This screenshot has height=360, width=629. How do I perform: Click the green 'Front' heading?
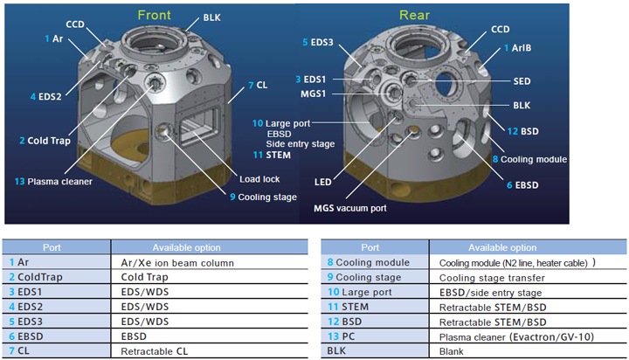pos(154,15)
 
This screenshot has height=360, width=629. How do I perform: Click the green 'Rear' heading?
pos(414,15)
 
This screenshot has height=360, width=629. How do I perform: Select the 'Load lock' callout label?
pos(259,179)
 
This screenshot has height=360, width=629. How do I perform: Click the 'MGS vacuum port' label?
pos(350,208)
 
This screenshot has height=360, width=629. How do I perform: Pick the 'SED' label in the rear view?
pos(522,81)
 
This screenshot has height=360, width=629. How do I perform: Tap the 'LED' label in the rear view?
pos(323,183)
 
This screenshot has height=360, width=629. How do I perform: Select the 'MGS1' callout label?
pos(314,93)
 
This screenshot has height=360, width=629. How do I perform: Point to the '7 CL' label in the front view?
pos(258,85)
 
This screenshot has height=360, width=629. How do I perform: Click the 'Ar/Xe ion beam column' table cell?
pos(177,263)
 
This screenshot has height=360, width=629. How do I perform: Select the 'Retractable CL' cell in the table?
pos(154,351)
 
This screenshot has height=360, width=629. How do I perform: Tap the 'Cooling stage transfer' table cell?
pos(492,278)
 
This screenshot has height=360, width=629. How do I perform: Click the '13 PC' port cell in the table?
pos(341,336)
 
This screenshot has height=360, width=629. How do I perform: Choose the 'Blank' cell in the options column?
pos(452,351)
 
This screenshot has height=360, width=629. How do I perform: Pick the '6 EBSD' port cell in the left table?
pos(26,336)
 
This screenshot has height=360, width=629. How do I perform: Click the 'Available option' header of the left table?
pos(187,247)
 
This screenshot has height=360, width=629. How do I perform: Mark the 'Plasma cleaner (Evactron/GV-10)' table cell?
pos(516,336)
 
